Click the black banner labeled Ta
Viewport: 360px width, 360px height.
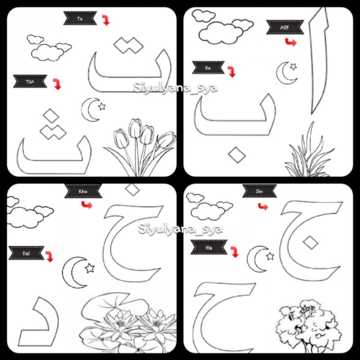pyautogui.click(x=80, y=18)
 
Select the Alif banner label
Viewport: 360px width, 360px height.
pyautogui.click(x=285, y=27)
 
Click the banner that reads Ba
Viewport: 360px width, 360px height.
pyautogui.click(x=208, y=67)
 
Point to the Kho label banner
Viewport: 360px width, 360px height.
pyautogui.click(x=82, y=191)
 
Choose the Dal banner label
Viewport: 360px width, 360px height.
pyautogui.click(x=26, y=253)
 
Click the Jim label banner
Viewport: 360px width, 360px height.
pyautogui.click(x=259, y=191)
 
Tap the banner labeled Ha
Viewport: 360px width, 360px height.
pyautogui.click(x=208, y=247)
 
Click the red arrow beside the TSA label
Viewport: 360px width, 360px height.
pyautogui.click(x=57, y=84)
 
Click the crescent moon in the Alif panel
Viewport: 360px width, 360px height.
pyautogui.click(x=285, y=73)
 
